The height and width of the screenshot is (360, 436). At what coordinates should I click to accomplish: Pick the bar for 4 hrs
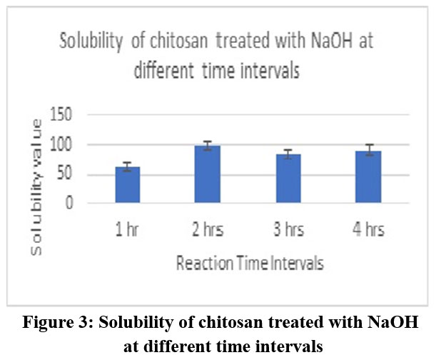coord(369,177)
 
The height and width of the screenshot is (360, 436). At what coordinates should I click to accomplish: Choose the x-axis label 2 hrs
coord(208,230)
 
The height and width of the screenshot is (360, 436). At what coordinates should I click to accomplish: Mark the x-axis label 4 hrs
coord(369,230)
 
